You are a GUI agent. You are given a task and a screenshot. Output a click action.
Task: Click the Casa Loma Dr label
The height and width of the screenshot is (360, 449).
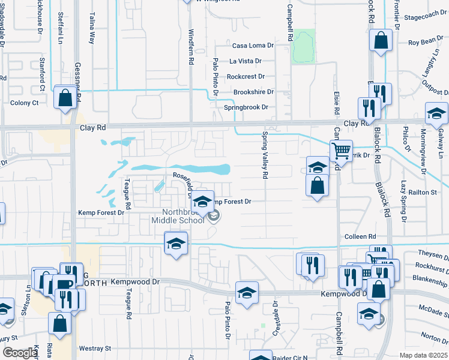tap(253, 46)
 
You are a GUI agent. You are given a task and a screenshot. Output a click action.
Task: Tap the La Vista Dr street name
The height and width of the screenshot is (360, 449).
tap(246, 61)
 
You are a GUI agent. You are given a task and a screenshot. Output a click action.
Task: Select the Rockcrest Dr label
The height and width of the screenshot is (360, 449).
tap(246, 77)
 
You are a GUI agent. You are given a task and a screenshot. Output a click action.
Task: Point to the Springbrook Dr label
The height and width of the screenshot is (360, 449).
tap(246, 107)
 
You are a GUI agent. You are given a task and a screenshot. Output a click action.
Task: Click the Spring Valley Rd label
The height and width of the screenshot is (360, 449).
tap(264, 155)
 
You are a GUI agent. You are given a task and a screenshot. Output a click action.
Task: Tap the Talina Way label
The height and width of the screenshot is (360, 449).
tap(92, 30)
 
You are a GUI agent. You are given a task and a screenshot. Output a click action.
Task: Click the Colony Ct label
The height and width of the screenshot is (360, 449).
tap(25, 103)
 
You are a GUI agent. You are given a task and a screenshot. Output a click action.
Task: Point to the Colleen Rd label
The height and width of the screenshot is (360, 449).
tap(360, 237)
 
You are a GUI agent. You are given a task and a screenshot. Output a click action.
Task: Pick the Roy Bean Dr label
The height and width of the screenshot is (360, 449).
tap(426, 43)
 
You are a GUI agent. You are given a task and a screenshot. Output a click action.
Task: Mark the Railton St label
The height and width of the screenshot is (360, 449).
tap(423, 192)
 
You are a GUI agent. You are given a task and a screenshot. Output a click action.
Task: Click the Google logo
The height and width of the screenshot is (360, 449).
tap(19, 353)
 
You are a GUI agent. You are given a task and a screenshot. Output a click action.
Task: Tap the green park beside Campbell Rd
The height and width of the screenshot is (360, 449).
tap(304, 47)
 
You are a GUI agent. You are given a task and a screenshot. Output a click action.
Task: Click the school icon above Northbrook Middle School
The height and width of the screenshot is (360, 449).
tap(203, 202)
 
